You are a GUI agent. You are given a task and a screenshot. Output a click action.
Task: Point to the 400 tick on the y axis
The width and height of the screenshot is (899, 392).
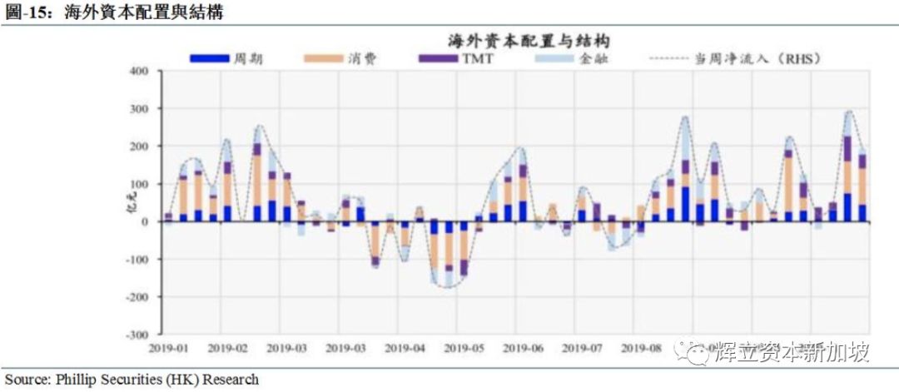pos(137,72)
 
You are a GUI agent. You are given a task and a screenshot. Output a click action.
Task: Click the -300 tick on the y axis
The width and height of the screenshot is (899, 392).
pos(136,335)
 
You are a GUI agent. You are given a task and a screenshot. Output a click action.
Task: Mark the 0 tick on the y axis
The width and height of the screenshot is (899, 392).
pos(144,221)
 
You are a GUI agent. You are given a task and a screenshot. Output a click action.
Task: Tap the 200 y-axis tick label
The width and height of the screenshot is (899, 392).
pos(137,146)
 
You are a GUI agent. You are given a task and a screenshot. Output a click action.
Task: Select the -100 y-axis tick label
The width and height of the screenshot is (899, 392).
pos(136,260)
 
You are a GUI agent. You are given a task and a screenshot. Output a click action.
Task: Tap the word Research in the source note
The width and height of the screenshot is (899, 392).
pos(229,380)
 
